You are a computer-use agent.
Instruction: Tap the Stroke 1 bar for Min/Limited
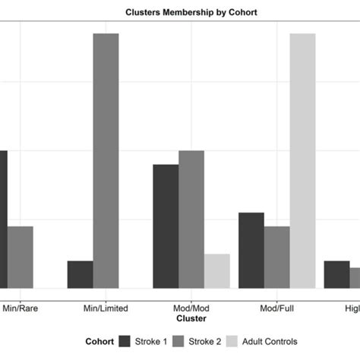point(80,274)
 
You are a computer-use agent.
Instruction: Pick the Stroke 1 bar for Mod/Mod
point(166,226)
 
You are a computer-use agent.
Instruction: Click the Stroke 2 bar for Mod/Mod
point(191,219)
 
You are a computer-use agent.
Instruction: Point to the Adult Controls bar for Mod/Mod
point(217,271)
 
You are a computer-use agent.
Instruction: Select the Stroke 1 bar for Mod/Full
point(251,251)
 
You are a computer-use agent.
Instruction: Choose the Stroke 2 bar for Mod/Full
point(277,257)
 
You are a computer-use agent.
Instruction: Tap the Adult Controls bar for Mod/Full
point(302,161)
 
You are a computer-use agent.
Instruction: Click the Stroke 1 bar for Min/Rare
point(3,219)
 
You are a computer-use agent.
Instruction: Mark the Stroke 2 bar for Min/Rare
point(21,257)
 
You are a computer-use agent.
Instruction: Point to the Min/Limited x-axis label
point(106,308)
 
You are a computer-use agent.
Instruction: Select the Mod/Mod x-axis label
point(191,308)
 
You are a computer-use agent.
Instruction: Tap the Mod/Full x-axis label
point(277,308)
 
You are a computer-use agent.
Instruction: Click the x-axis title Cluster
point(191,319)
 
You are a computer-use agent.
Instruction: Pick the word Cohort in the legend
point(99,342)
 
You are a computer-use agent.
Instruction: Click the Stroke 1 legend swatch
point(125,342)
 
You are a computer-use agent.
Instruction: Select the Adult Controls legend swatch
point(232,342)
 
